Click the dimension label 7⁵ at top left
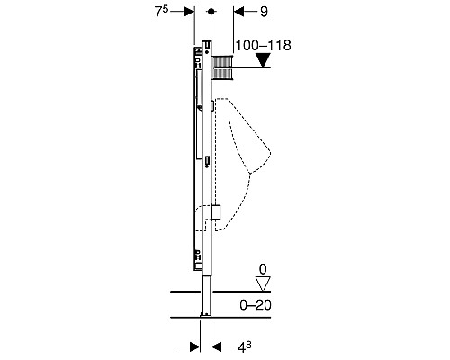pyautogui.click(x=161, y=12)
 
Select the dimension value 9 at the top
pyautogui.click(x=264, y=12)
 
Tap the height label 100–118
pyautogui.click(x=264, y=45)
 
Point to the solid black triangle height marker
pyautogui.click(x=264, y=60)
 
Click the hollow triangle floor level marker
pyautogui.click(x=263, y=283)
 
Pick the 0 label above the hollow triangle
pyautogui.click(x=263, y=269)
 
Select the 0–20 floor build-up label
pyautogui.click(x=256, y=305)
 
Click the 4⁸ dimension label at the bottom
pyautogui.click(x=245, y=346)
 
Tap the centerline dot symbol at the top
pyautogui.click(x=211, y=12)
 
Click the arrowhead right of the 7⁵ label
pyautogui.click(x=189, y=12)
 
